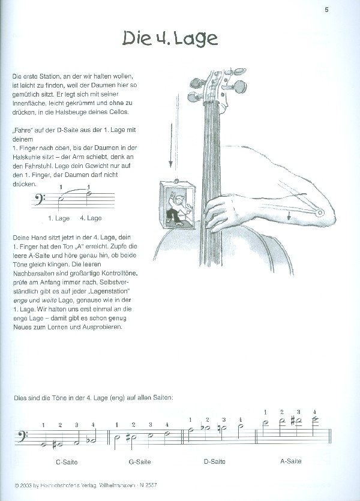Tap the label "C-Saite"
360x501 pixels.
67,462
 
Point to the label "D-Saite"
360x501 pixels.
214,462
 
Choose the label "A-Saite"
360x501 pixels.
290,461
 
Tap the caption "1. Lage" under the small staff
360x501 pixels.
59,218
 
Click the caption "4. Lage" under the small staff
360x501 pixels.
91,218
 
